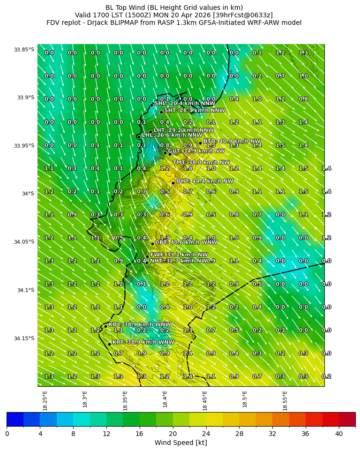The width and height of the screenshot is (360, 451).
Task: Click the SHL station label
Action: (185, 103)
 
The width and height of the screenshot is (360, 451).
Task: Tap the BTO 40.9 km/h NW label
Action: (232, 141)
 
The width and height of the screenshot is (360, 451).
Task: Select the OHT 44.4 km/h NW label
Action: (204, 181)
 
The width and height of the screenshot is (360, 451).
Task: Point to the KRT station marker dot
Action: (109, 344)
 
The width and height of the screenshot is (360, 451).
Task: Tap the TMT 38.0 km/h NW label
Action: (201, 162)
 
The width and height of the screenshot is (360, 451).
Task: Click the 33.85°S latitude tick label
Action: (24, 50)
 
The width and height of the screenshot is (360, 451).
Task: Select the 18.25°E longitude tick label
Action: (45, 400)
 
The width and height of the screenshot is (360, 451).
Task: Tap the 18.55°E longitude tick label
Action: (285, 400)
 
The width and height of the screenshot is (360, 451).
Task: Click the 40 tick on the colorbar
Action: (339, 434)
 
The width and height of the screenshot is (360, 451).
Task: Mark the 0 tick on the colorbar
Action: (7, 434)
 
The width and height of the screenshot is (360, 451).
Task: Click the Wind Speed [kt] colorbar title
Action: (180, 443)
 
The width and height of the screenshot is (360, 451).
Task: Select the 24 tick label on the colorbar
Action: (206, 434)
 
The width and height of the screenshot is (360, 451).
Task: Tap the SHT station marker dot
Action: (161, 112)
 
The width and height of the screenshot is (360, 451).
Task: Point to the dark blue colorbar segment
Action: (15, 419)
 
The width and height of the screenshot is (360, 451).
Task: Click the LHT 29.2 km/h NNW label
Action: (183, 130)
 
